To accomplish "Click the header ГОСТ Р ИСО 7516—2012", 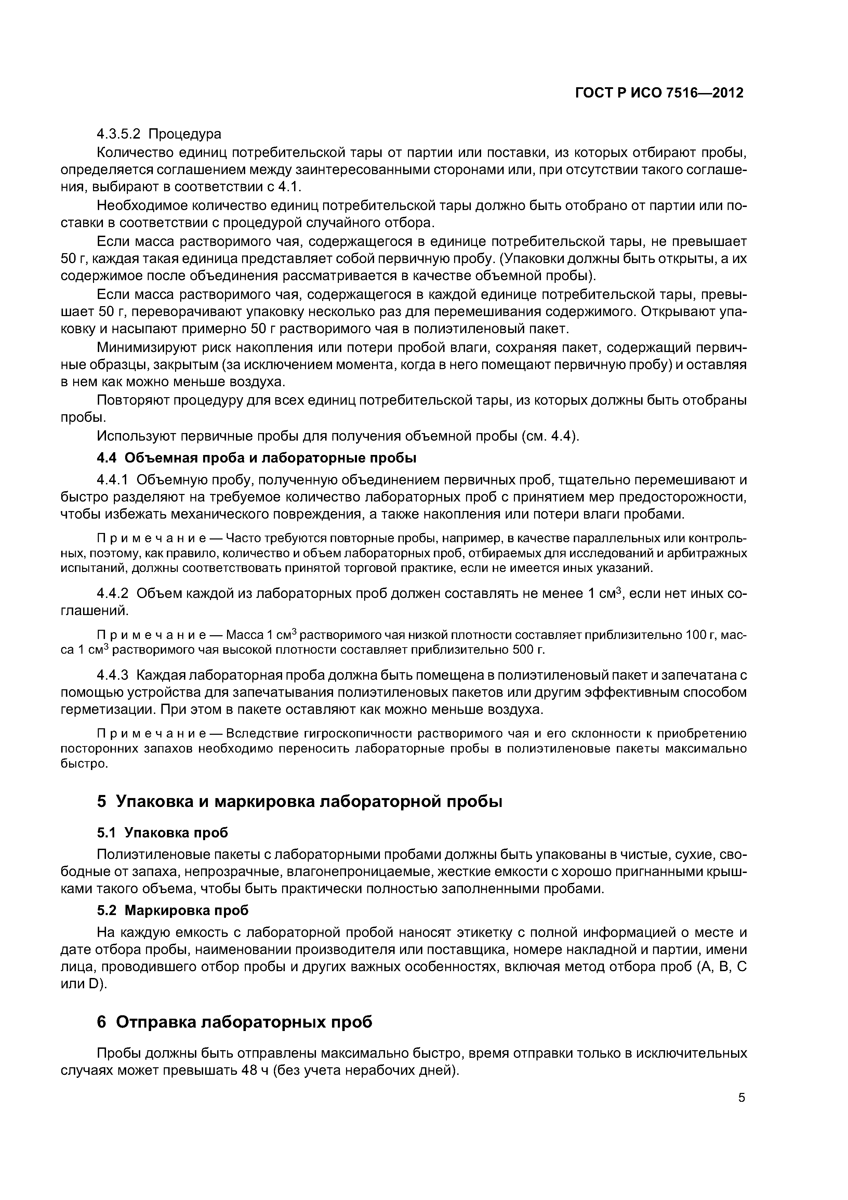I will [659, 93].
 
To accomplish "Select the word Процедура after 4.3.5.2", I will [185, 134].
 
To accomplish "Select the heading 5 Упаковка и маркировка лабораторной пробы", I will [300, 801].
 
